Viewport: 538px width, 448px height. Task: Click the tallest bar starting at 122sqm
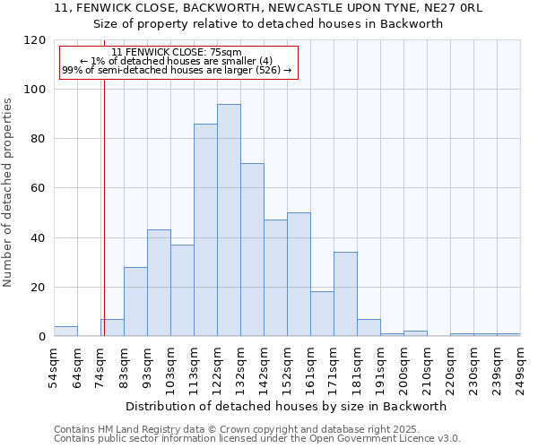pos(229,220)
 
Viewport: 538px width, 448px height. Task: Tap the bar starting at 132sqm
pos(252,250)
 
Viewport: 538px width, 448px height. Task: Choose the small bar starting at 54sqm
pos(65,332)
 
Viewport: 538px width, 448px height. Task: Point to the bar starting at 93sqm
pos(159,283)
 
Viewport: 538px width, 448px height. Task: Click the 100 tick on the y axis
pos(35,90)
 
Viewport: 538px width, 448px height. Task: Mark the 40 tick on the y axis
pos(39,238)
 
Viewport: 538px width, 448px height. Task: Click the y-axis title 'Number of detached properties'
pos(8,193)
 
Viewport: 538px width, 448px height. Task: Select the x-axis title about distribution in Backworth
pos(286,406)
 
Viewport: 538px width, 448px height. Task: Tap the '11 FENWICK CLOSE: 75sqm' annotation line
pos(177,52)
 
